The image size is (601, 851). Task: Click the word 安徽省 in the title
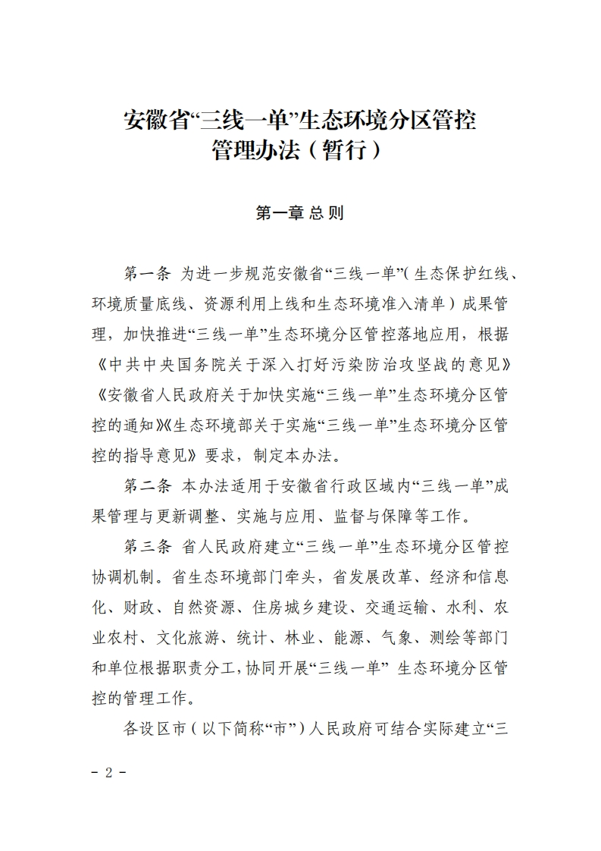[155, 120]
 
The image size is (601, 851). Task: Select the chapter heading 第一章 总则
[300, 214]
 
